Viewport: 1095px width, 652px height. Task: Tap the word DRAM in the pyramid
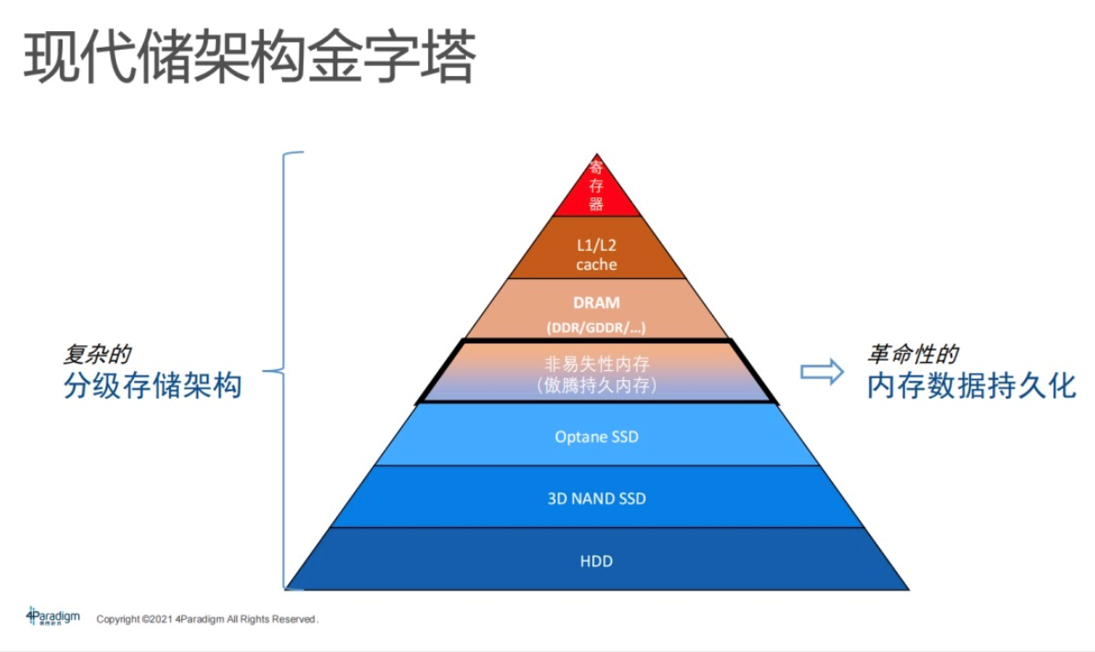pyautogui.click(x=596, y=302)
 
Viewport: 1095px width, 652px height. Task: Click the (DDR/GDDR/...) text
pyautogui.click(x=596, y=328)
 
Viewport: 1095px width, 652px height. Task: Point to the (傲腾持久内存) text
pyautogui.click(x=596, y=386)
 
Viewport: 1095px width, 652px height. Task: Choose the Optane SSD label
pyautogui.click(x=596, y=436)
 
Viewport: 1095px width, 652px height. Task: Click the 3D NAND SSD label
pyautogui.click(x=596, y=499)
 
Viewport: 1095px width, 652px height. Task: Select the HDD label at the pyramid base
pyautogui.click(x=596, y=560)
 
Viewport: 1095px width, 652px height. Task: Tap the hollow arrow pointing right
pyautogui.click(x=821, y=371)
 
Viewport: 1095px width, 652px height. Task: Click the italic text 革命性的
pyautogui.click(x=913, y=354)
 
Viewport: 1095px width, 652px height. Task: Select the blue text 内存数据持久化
pyautogui.click(x=970, y=386)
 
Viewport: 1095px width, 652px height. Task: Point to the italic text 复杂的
pyautogui.click(x=96, y=354)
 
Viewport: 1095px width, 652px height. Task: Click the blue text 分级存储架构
pyautogui.click(x=152, y=386)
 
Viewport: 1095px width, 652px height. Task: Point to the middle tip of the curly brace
pyautogui.click(x=268, y=371)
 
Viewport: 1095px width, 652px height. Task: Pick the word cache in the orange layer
pyautogui.click(x=596, y=264)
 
